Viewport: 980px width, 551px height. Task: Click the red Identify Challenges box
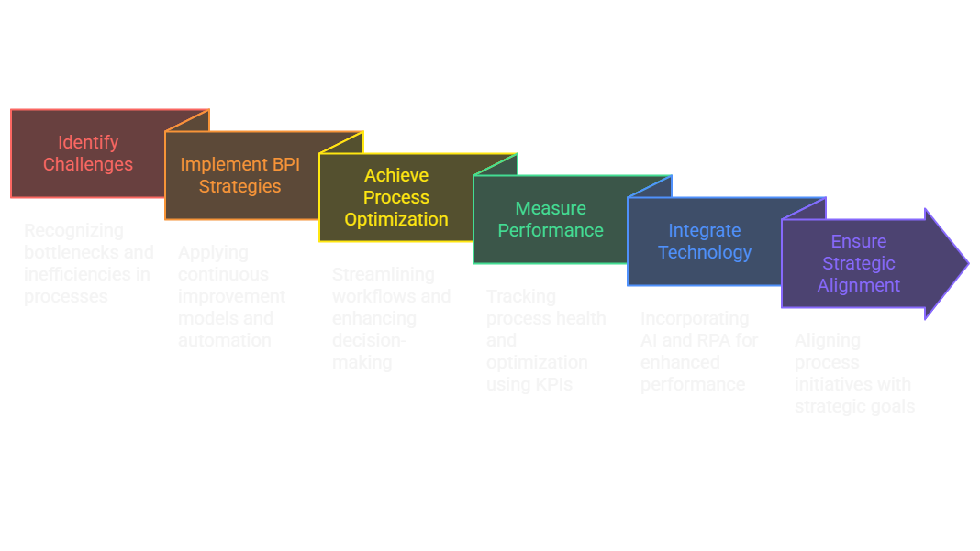pyautogui.click(x=88, y=153)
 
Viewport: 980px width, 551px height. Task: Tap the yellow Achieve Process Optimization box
pyautogui.click(x=396, y=197)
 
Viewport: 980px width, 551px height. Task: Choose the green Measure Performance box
pyautogui.click(x=551, y=219)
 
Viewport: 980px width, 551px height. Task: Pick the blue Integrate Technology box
pyautogui.click(x=705, y=241)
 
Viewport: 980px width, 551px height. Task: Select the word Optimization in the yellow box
pyautogui.click(x=396, y=219)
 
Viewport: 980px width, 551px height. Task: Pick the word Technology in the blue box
pyautogui.click(x=705, y=252)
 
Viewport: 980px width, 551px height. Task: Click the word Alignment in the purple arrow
pyautogui.click(x=859, y=285)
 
